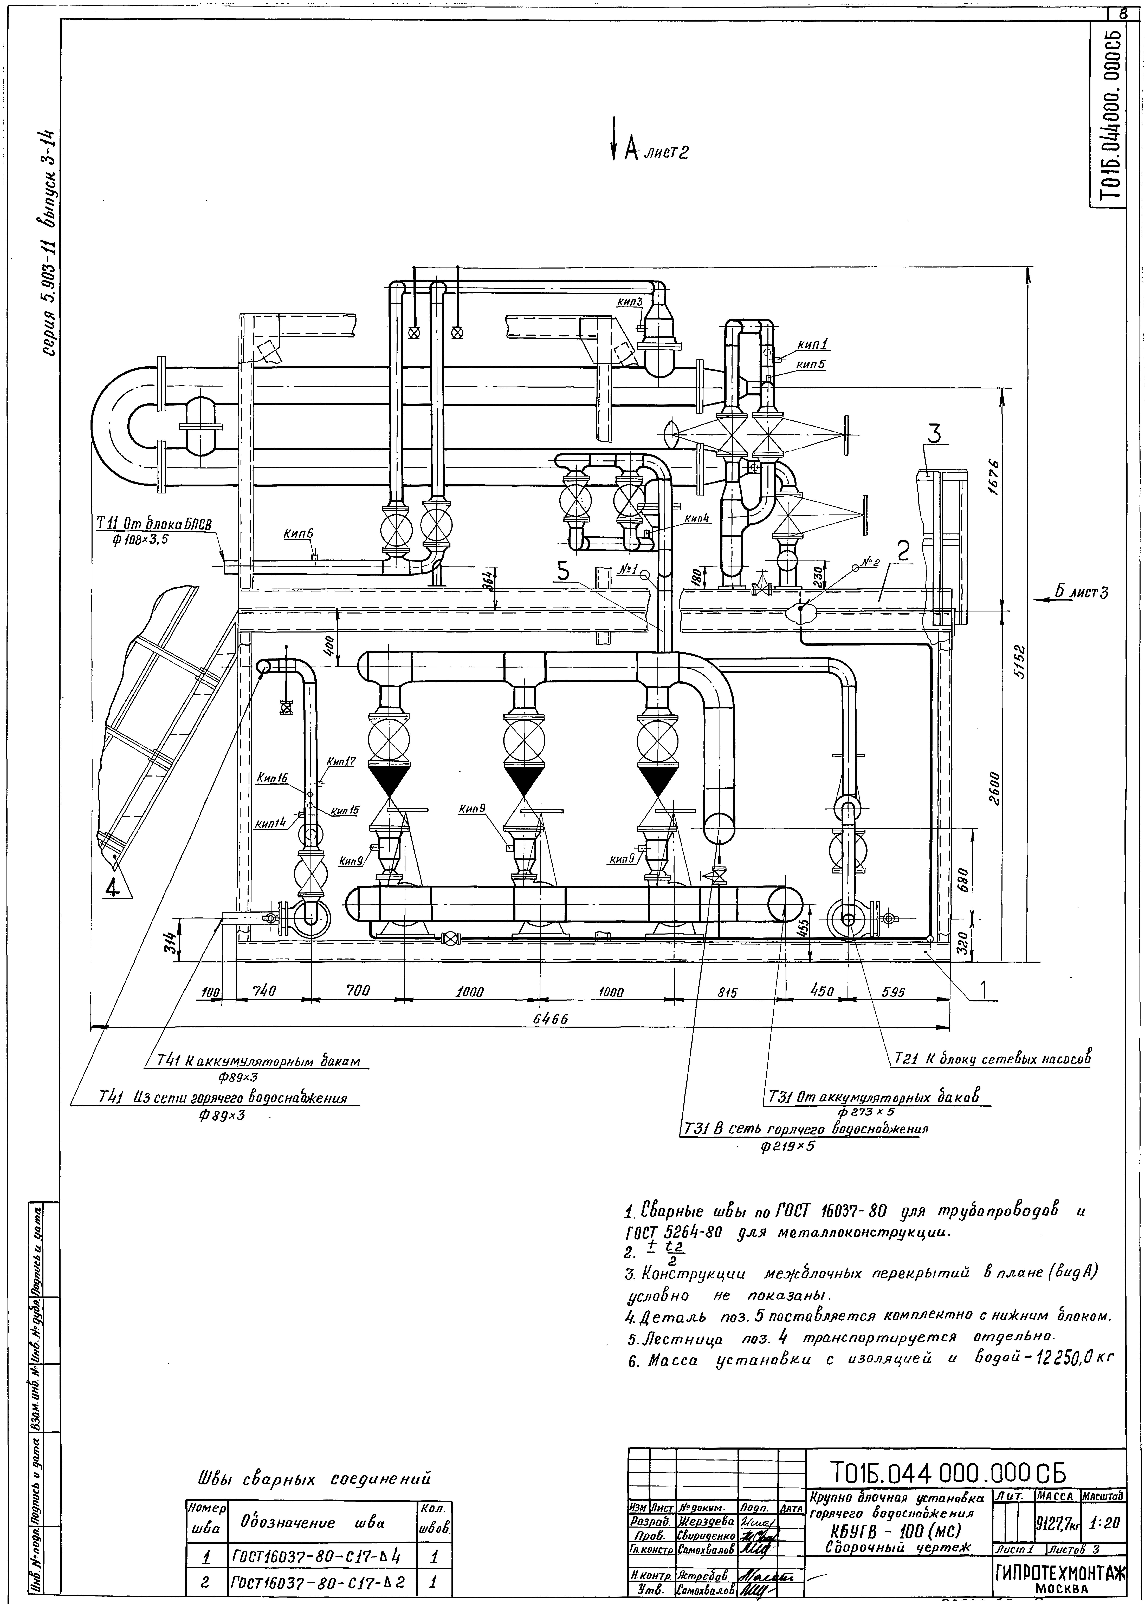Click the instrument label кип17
[x=341, y=762]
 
